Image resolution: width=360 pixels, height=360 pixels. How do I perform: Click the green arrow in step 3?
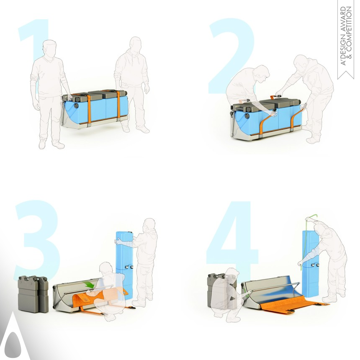click(89, 286)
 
